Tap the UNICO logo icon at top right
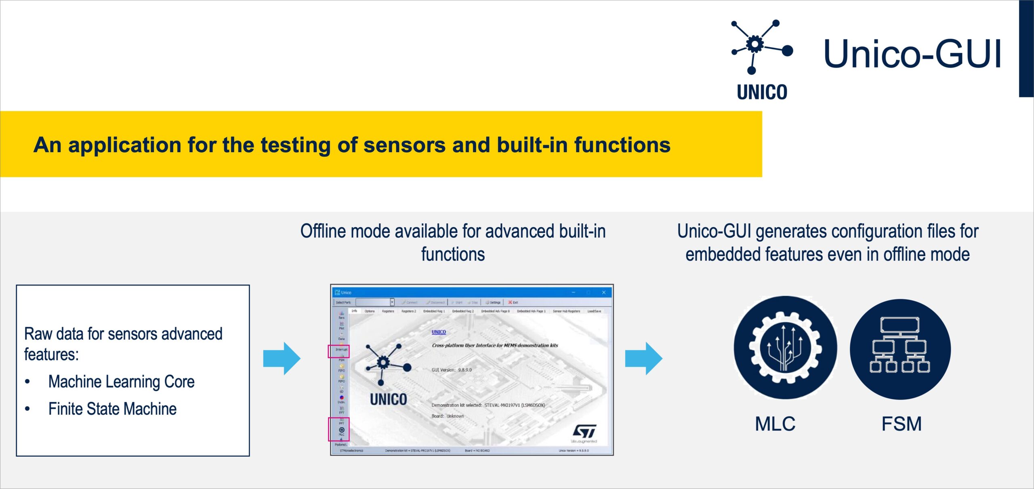[x=759, y=46]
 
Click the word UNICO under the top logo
[x=762, y=92]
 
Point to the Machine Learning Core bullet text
[x=121, y=382]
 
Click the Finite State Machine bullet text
[x=112, y=409]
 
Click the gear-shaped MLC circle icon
[x=785, y=348]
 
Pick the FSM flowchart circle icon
[x=900, y=349]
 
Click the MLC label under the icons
[x=775, y=424]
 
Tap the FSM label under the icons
[x=901, y=424]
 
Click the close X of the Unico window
[x=603, y=292]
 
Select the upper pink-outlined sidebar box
[x=338, y=351]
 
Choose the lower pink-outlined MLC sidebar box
[x=338, y=429]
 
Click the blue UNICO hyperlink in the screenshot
[x=439, y=332]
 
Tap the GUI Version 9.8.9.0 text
[x=451, y=370]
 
